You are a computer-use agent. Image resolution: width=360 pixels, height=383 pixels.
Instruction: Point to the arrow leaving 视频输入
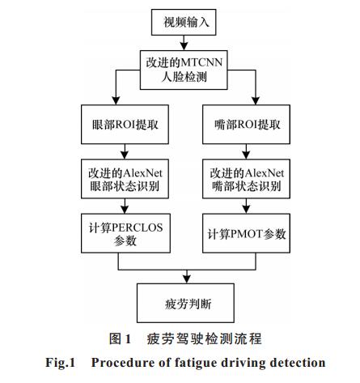(184, 43)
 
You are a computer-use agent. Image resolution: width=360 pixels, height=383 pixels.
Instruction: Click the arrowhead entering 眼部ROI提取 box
(116, 101)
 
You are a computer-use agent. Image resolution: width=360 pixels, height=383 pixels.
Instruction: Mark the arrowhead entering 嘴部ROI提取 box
(256, 101)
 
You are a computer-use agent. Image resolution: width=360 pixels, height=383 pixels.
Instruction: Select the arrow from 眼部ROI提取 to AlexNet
(125, 151)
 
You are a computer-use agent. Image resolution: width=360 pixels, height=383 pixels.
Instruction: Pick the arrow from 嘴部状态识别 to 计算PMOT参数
(246, 206)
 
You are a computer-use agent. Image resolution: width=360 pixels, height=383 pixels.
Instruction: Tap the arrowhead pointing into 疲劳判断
(187, 279)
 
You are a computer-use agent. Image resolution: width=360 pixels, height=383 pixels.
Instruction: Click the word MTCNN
(202, 62)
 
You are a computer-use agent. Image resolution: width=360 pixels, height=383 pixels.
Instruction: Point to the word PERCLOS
(138, 228)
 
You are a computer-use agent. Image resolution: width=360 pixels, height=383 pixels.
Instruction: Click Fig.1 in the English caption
(60, 363)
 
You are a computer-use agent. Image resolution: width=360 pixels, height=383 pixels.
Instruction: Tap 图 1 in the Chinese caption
(120, 338)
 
